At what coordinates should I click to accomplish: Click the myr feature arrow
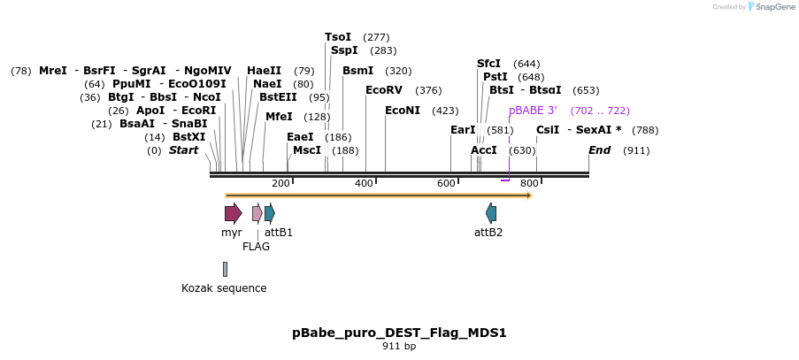click(x=233, y=213)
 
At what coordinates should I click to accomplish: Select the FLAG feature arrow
click(x=257, y=213)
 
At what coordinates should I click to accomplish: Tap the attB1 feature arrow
click(x=270, y=213)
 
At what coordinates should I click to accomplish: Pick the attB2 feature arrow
click(x=491, y=213)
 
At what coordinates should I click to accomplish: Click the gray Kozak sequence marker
click(x=225, y=269)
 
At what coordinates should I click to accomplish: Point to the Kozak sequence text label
click(x=224, y=288)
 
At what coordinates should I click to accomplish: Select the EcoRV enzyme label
click(x=384, y=90)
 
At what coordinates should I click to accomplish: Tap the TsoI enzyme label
click(x=338, y=37)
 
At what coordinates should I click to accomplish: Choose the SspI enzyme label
click(x=344, y=50)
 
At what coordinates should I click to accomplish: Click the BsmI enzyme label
click(x=357, y=71)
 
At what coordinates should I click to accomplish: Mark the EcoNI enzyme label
click(x=403, y=111)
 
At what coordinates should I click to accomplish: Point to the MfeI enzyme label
click(x=279, y=117)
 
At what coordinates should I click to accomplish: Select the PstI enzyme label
click(x=496, y=77)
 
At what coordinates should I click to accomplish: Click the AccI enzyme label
click(x=484, y=150)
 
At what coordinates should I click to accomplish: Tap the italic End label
click(x=600, y=150)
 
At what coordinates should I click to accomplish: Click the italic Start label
click(x=184, y=150)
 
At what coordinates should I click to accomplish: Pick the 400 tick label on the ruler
click(x=364, y=183)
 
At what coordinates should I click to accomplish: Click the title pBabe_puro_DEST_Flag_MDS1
click(x=399, y=333)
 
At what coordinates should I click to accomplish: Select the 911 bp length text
click(x=399, y=346)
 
